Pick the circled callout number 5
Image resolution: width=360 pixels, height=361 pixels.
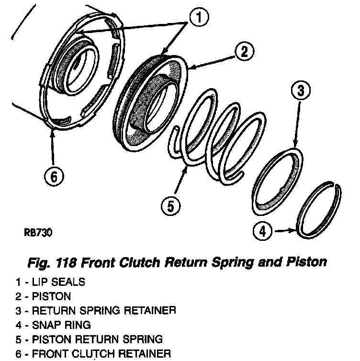[170, 206]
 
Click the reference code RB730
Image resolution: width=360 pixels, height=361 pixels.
[37, 233]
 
